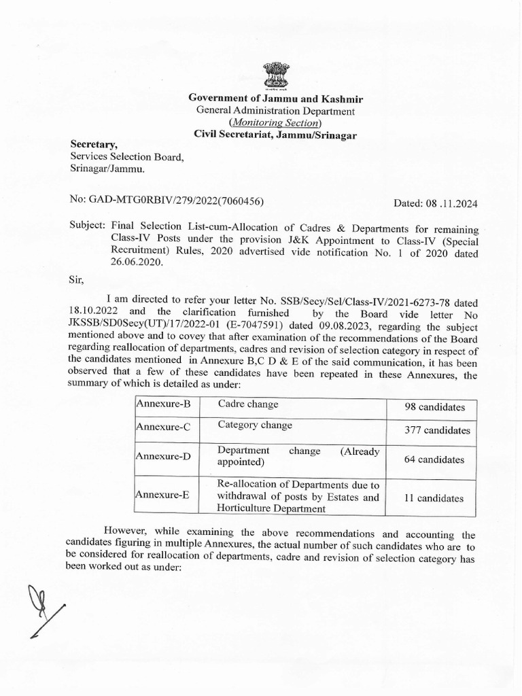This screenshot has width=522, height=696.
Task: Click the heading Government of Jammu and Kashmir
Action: point(275,99)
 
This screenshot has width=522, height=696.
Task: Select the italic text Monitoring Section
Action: point(275,122)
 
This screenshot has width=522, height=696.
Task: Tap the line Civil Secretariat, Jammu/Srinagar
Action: point(275,135)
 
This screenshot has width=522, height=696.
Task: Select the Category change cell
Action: point(255,425)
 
